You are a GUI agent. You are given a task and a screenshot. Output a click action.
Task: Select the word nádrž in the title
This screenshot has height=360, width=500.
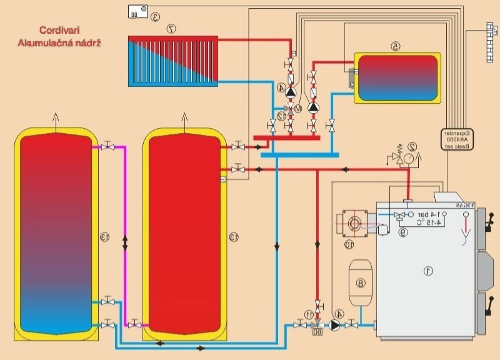click(x=89, y=43)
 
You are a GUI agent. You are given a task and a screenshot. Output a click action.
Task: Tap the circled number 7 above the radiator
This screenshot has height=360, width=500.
click(x=170, y=29)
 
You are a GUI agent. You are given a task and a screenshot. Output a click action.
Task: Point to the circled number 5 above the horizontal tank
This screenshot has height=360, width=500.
click(x=394, y=46)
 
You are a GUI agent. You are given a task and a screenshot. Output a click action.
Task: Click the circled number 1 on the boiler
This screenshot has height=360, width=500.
click(x=428, y=271)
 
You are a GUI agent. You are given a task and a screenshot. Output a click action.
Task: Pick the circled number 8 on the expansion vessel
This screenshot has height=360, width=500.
click(x=360, y=282)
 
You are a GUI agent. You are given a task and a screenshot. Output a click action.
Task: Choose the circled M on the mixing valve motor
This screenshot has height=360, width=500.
click(x=298, y=108)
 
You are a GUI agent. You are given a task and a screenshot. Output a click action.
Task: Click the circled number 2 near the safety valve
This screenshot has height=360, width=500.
click(x=411, y=147)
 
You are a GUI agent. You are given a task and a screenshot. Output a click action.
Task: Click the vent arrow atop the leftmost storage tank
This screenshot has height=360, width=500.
click(x=55, y=121)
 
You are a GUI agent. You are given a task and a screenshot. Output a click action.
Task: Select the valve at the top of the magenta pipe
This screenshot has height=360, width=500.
click(x=109, y=147)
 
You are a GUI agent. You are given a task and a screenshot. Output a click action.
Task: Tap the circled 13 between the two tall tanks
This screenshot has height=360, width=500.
click(x=104, y=237)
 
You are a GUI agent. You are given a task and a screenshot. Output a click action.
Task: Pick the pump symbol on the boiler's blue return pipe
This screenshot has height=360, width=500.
click(x=336, y=325)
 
